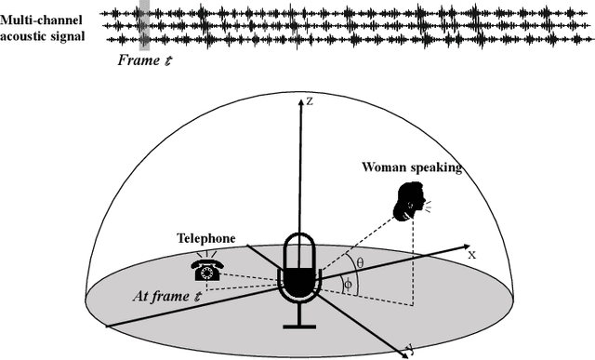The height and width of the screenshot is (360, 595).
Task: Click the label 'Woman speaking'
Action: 411,168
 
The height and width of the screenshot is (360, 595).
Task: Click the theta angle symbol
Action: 360,263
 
